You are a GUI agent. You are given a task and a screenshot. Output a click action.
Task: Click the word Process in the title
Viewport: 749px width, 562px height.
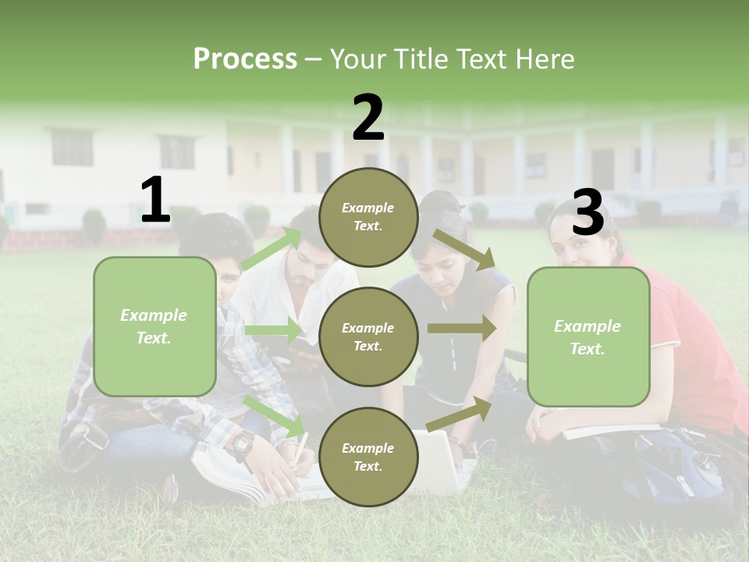pos(245,59)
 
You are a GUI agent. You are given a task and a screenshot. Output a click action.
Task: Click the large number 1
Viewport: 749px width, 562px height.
pos(155,200)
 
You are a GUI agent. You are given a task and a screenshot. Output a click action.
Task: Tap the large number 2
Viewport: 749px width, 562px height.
pos(368,118)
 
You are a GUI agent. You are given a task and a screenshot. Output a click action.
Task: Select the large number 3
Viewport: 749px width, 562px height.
pos(587,213)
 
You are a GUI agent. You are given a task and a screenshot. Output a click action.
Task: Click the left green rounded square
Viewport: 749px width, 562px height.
pos(154,326)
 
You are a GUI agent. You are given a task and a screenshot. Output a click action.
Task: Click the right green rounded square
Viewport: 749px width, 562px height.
pos(588,336)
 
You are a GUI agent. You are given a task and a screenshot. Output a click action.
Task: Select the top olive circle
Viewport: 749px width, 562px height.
pos(368,217)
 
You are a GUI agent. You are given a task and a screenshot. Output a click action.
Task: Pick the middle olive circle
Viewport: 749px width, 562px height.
pos(368,336)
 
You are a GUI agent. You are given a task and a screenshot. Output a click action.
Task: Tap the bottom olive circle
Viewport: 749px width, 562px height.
pos(368,457)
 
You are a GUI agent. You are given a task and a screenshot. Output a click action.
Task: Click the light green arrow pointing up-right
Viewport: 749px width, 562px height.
pos(271,249)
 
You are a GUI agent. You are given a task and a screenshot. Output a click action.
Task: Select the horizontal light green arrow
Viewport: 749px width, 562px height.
pos(274,330)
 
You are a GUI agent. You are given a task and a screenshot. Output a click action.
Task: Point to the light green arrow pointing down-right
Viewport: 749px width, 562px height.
pos(275,415)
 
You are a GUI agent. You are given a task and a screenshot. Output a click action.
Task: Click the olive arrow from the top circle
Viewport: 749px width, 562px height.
pos(464,249)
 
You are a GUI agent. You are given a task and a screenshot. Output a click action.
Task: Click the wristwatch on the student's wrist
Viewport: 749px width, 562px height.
pos(241,443)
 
